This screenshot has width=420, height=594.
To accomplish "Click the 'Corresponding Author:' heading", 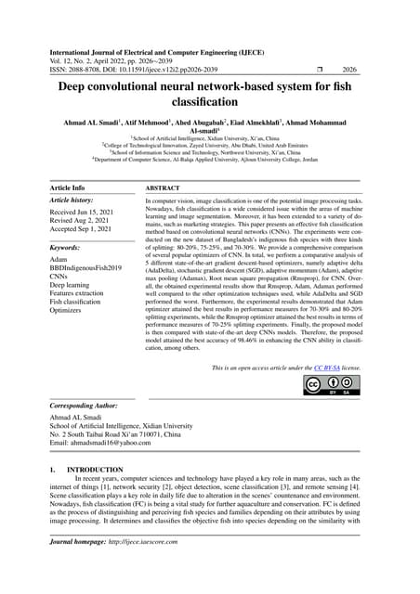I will pos(93,407).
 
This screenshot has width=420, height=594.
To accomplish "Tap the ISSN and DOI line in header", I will pos(149,68).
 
